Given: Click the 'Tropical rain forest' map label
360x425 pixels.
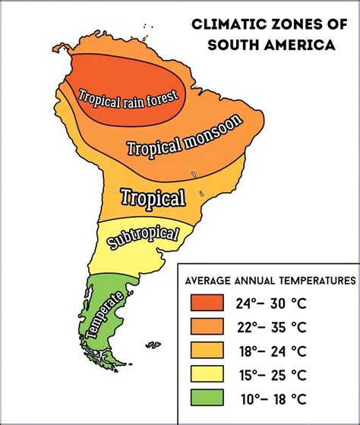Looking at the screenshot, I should point(128,96).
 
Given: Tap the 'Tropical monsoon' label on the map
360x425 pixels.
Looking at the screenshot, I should point(185,137).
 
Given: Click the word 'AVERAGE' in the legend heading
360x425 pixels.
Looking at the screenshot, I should point(210,279).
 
